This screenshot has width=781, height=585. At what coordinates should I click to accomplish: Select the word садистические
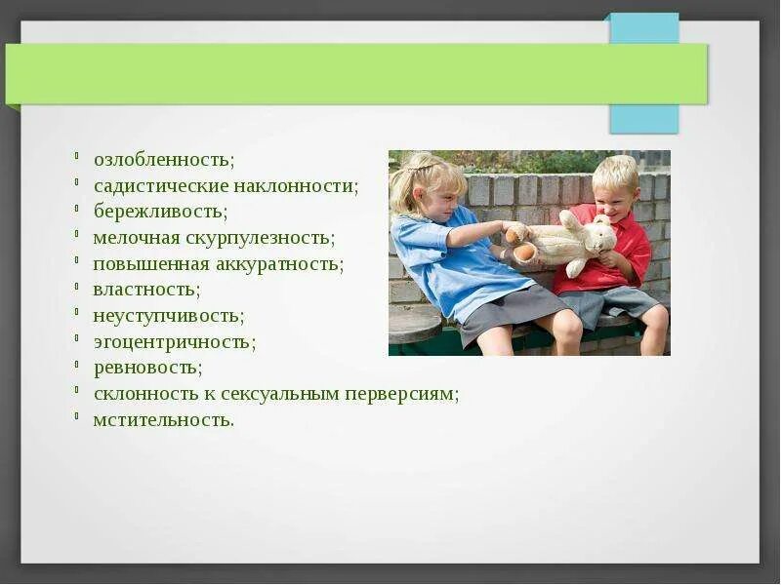click(x=161, y=186)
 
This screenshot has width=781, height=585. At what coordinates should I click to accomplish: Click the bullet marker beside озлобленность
click(x=77, y=156)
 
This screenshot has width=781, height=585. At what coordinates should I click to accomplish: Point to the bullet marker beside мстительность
click(x=77, y=415)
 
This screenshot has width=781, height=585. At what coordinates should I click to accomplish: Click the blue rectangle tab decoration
click(x=644, y=73)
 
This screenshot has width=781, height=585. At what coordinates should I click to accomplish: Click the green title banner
click(x=356, y=74)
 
